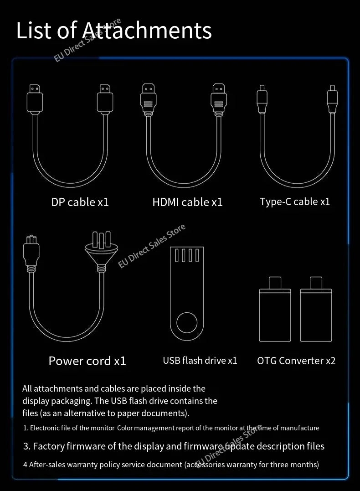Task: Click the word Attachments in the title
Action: [x=147, y=30]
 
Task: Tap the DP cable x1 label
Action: [x=80, y=202]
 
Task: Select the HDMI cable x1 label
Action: [x=187, y=202]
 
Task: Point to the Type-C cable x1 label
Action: [x=295, y=202]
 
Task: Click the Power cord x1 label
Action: [x=87, y=361]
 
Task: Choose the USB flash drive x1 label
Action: [x=200, y=361]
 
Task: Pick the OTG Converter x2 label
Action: [x=296, y=361]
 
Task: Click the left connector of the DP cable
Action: [x=35, y=98]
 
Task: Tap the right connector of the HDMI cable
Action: [x=219, y=99]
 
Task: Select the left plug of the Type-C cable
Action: [x=262, y=99]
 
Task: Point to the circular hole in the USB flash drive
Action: [x=187, y=323]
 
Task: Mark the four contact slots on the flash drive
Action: [x=187, y=255]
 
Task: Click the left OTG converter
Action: [x=275, y=309]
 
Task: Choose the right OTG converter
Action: [x=316, y=309]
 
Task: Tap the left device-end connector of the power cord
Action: [x=31, y=253]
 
